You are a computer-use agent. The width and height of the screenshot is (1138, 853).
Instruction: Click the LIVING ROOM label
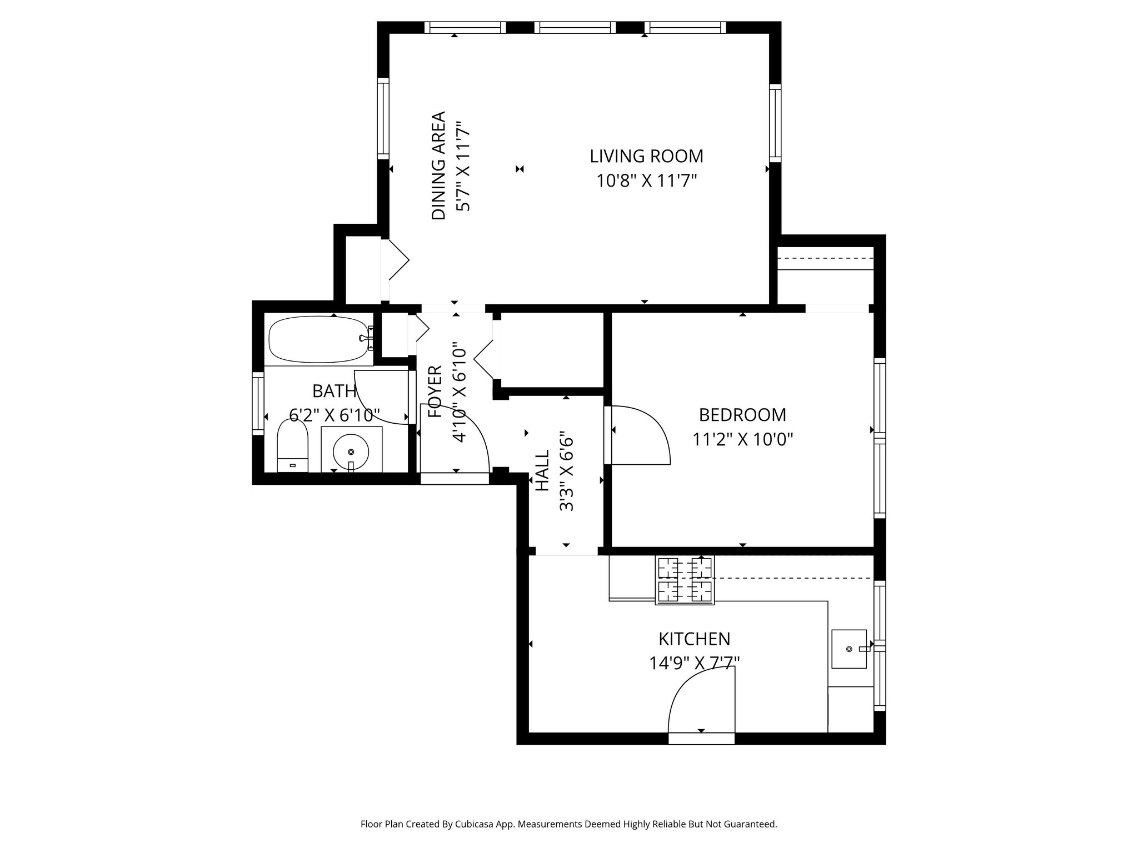646,157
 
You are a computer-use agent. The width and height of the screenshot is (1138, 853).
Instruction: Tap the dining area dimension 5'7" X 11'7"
463,167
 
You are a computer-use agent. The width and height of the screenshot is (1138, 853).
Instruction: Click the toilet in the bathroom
292,446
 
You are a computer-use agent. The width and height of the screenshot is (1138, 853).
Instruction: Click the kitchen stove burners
685,580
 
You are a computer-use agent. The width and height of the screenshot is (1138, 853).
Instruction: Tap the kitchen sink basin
848,649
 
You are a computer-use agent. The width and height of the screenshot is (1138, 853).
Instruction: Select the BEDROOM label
742,415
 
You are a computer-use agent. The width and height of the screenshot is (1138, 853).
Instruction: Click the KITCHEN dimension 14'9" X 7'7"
694,663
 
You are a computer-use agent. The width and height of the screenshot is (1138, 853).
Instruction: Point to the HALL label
542,470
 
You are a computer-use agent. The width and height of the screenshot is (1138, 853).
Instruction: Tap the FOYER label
435,392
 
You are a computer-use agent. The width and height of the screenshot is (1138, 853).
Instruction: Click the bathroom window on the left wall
258,403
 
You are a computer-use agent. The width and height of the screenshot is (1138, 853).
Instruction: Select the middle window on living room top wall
575,28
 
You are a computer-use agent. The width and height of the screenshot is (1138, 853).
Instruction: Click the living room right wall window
775,123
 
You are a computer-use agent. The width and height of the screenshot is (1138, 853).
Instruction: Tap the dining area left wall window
383,118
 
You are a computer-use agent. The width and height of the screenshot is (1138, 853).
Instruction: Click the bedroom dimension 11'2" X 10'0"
742,440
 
